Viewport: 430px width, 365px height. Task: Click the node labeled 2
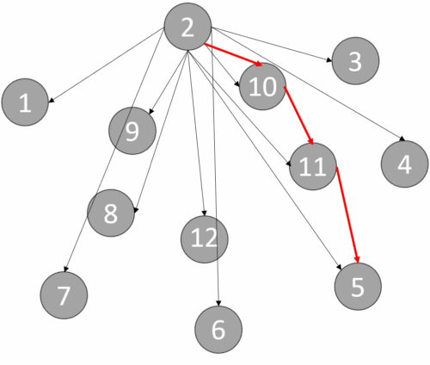click(x=187, y=27)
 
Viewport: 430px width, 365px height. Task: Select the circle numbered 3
click(x=355, y=61)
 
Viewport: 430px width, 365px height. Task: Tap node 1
click(x=25, y=102)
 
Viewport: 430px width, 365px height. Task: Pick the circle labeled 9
click(x=132, y=131)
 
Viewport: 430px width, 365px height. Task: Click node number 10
click(x=262, y=86)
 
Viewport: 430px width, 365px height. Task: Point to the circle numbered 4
click(x=405, y=164)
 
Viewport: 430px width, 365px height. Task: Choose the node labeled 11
click(x=313, y=166)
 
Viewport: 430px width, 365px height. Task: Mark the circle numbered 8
click(x=111, y=213)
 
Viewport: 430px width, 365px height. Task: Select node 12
click(x=205, y=239)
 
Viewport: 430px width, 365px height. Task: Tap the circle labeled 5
click(x=358, y=287)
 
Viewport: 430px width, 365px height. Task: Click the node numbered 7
click(x=64, y=295)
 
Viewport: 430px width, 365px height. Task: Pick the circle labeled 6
click(x=218, y=330)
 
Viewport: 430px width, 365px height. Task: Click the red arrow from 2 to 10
click(x=233, y=55)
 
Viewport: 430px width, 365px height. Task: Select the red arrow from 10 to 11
click(x=298, y=115)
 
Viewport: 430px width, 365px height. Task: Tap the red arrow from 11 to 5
click(x=347, y=214)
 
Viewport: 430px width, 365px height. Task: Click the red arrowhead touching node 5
click(x=357, y=259)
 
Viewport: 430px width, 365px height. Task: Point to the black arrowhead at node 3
click(x=329, y=60)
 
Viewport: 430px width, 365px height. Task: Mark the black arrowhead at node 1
click(x=51, y=100)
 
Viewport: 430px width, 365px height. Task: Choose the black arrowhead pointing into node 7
click(x=65, y=269)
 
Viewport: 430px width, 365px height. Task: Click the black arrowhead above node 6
click(x=218, y=303)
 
